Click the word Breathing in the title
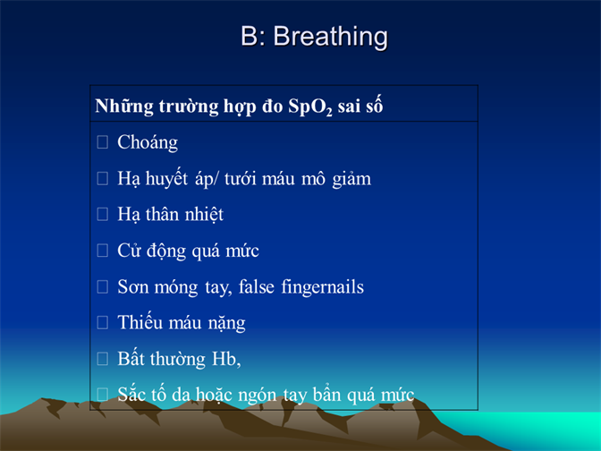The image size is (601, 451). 330,38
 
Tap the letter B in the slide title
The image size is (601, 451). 250,36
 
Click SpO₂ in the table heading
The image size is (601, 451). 310,106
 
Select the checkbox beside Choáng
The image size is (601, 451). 102,142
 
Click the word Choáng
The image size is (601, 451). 148,143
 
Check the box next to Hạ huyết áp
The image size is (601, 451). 102,178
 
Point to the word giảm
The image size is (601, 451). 351,180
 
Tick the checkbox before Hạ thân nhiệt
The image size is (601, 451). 102,214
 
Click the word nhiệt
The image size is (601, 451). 204,215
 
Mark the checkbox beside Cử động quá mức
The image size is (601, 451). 102,251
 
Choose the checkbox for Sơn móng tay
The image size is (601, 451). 102,286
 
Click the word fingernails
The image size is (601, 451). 322,287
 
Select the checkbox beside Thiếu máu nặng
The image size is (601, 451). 102,322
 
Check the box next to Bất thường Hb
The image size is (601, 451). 102,359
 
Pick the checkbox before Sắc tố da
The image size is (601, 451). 102,395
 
